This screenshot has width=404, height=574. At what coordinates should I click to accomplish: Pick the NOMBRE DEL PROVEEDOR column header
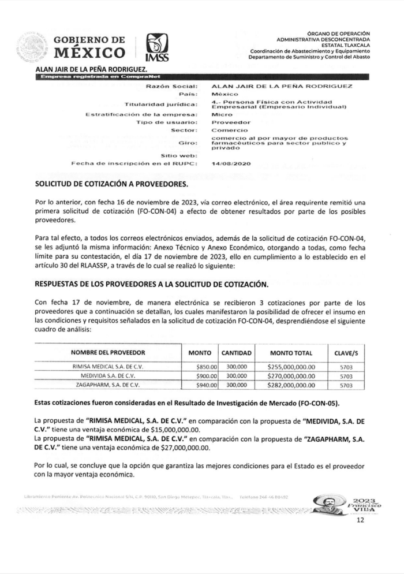[x=108, y=353]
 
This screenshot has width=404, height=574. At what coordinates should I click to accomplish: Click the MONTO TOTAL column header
[x=291, y=353]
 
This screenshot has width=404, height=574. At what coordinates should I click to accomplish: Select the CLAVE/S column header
[x=346, y=353]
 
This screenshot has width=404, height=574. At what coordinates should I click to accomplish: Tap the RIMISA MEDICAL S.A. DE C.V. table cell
[x=108, y=367]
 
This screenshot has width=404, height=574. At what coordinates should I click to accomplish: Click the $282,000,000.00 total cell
[x=291, y=385]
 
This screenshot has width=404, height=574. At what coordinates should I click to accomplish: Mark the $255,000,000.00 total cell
[x=291, y=367]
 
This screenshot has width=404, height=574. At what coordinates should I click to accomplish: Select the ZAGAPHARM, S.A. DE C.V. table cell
[x=108, y=385]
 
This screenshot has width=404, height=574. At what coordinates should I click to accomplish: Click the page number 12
[x=361, y=520]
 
